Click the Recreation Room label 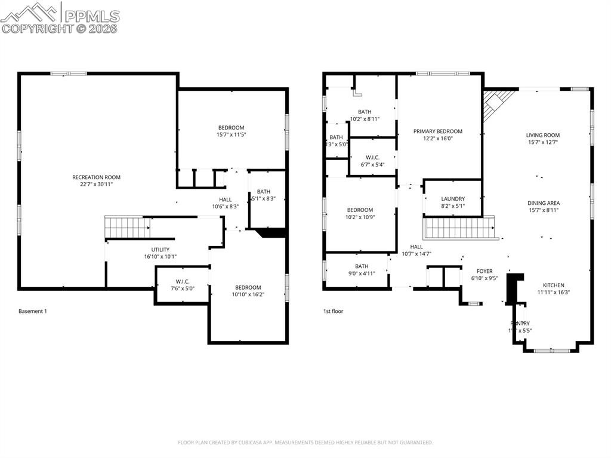click(x=96, y=177)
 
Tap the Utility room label click(x=160, y=250)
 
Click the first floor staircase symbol click(x=459, y=228)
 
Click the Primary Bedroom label click(x=438, y=131)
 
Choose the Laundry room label click(x=452, y=199)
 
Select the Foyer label click(x=484, y=271)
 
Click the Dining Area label click(x=543, y=203)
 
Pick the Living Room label click(x=543, y=136)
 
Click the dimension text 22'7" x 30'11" click(x=96, y=185)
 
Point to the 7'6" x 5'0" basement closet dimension click(x=182, y=288)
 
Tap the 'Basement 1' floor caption click(x=32, y=311)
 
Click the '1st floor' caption click(x=333, y=311)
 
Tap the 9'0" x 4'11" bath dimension click(x=362, y=274)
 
